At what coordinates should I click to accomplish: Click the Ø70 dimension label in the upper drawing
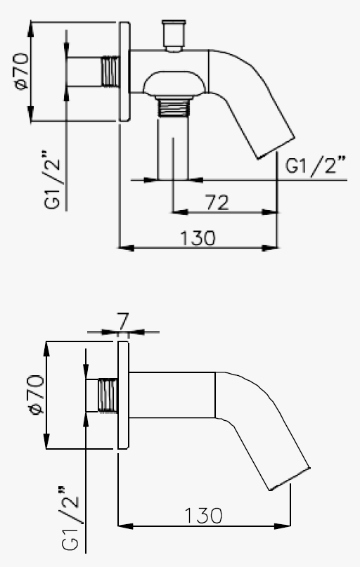20,72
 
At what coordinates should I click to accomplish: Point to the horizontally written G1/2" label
316,167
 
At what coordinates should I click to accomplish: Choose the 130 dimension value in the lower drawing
204,515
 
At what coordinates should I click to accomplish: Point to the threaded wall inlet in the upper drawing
109,71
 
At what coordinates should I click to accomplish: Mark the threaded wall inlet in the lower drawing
107,395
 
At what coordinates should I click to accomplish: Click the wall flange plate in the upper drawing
125,72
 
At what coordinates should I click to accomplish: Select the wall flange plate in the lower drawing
123,395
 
